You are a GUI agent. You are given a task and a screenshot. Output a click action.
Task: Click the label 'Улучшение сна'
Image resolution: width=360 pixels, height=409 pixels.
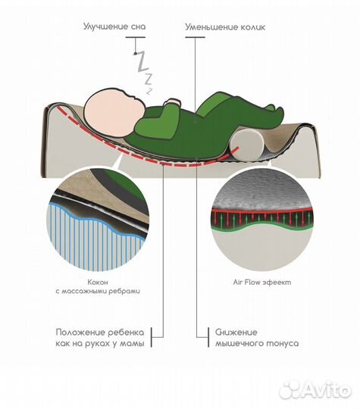114,27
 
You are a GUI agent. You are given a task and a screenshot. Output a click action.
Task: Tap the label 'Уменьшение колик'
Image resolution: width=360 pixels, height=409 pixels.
225,27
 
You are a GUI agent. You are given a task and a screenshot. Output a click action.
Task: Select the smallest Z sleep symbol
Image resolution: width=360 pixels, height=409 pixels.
149,91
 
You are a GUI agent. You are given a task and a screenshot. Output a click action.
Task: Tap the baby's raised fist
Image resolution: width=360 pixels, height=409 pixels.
172,102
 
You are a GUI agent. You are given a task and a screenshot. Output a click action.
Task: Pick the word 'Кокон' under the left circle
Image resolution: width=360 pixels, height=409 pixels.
98,283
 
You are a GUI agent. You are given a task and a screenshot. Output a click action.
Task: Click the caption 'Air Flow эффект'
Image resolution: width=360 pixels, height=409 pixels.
262,283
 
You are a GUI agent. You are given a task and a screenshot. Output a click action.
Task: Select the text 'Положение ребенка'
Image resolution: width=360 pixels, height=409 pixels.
100,333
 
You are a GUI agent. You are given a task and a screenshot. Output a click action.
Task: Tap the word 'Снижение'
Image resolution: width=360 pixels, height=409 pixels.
236,333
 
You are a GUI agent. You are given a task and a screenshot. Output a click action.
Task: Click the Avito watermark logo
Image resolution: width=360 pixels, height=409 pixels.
315,390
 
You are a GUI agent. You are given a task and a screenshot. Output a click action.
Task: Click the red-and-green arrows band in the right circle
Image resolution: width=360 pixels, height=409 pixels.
263,218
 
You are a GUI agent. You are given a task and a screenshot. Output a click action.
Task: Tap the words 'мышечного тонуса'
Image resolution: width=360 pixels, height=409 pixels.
257,343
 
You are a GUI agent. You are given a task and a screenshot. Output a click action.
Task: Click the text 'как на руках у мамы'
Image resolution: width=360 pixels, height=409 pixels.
100,343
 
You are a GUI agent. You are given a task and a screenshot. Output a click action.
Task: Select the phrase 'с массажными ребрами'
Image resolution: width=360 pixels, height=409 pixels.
98,291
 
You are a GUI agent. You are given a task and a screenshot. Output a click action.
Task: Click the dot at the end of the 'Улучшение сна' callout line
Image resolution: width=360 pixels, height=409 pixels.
135,54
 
